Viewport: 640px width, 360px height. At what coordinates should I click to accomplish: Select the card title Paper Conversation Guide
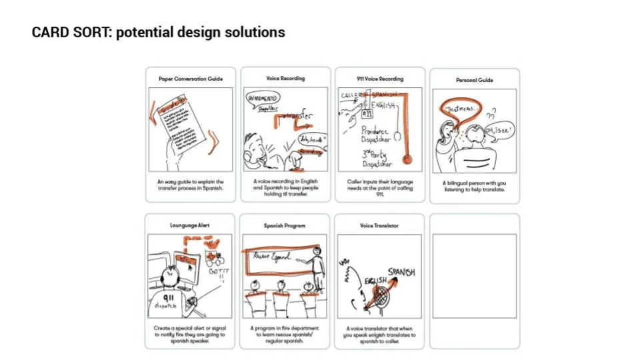point(191,79)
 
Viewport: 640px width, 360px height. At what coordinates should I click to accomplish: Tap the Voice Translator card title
point(379,225)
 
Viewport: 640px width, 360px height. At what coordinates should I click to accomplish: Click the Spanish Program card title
point(285,225)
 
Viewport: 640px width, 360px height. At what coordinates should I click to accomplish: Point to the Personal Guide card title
point(474,80)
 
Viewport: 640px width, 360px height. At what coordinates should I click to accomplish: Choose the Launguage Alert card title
point(190,225)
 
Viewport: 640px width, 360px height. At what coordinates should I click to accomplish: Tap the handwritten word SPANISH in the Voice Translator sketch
point(401,273)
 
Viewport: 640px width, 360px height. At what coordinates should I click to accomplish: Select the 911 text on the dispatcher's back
point(169,299)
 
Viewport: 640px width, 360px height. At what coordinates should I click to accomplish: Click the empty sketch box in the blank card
point(474,275)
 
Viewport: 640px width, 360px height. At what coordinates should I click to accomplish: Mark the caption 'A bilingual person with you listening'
point(474,186)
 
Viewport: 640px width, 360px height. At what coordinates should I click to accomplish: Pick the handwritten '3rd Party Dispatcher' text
point(377,158)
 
